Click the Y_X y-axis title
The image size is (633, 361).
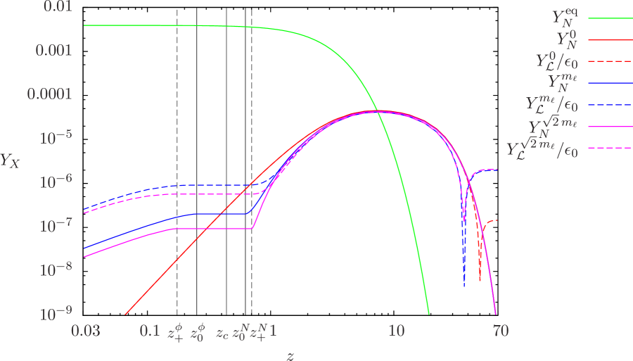[x=10, y=160]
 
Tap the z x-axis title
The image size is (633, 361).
[x=290, y=354]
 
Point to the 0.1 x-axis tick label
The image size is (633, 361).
[x=149, y=330]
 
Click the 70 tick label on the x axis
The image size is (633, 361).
[x=500, y=330]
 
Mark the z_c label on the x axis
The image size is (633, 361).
[x=222, y=331]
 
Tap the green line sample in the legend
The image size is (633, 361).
[x=609, y=18]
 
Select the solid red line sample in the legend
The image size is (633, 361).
[x=609, y=41]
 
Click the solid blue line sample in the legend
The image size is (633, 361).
[x=609, y=84]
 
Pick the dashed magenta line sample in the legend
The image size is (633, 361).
[x=609, y=148]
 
